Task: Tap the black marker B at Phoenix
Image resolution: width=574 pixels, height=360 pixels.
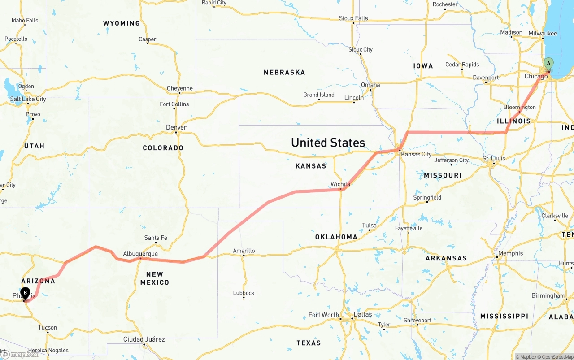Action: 26,293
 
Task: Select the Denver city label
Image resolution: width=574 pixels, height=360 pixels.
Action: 176,127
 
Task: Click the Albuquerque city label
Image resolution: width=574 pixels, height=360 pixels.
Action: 140,254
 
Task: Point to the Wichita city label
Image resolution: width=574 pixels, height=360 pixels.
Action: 340,184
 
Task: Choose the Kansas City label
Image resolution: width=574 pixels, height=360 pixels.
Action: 416,154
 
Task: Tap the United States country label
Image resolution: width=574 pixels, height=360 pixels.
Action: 328,143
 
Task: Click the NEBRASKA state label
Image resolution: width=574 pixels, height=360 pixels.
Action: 284,72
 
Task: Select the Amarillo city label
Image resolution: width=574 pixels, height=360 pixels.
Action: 244,251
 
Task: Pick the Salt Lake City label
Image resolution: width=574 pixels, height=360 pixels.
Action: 28,99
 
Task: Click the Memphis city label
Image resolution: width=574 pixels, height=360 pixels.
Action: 510,253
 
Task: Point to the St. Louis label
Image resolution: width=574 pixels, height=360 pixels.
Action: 494,159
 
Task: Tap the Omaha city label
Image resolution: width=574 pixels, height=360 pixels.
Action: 370,85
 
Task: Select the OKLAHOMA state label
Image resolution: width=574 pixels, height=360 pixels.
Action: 336,237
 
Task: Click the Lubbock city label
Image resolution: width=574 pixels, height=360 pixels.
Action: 244,293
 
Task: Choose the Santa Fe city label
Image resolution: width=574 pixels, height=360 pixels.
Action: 156,238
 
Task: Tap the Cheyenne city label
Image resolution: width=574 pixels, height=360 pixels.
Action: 180,88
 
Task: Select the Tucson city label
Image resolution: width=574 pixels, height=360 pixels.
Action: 48,327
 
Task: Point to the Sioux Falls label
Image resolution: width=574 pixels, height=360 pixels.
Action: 353,18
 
